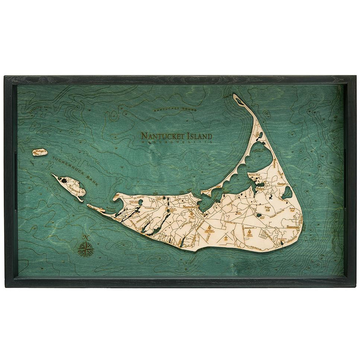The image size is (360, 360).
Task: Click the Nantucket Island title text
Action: pyautogui.click(x=176, y=136)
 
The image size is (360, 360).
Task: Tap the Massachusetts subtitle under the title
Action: pyautogui.click(x=176, y=142)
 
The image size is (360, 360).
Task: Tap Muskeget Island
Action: pyautogui.click(x=40, y=152)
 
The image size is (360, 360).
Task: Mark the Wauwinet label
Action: pyautogui.click(x=275, y=162)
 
